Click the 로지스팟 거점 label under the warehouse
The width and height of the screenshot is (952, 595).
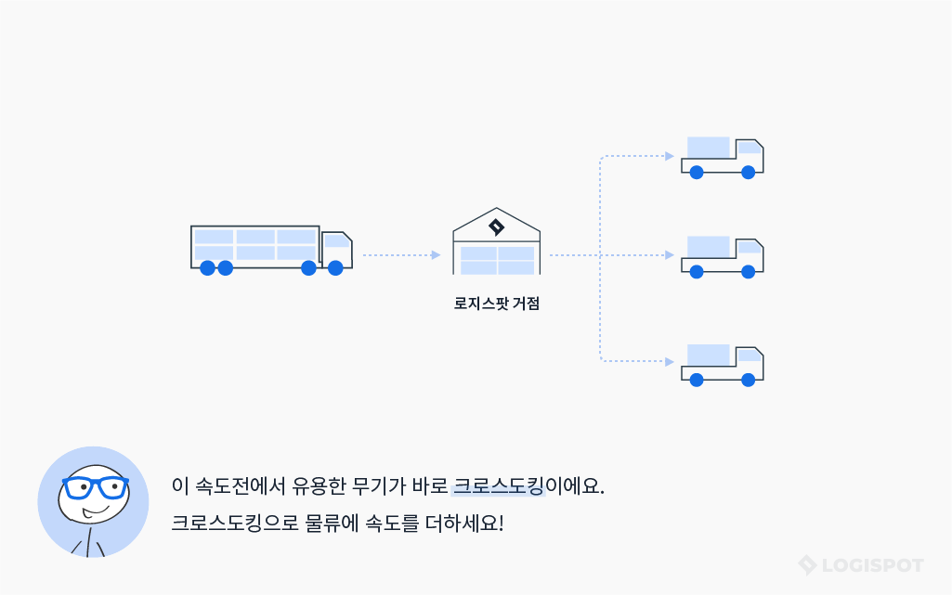point(496,303)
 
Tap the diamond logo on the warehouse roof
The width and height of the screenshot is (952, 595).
point(496,226)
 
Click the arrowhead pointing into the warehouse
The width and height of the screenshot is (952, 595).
point(436,254)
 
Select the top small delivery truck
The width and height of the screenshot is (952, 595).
point(722,157)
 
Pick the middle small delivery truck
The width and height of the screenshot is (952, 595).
point(722,255)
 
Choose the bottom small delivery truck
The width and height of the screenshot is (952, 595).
point(722,364)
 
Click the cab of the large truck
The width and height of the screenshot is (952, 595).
point(336,249)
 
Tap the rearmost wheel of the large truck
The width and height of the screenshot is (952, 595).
point(207,268)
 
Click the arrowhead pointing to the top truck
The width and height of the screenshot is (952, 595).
point(670,156)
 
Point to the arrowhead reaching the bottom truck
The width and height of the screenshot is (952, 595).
point(670,361)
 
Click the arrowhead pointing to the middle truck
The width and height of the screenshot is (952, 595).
point(670,254)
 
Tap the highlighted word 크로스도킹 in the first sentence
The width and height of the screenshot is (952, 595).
point(498,485)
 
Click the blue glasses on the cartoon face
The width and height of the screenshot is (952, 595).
point(95,487)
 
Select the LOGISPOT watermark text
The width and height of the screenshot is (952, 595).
point(870,565)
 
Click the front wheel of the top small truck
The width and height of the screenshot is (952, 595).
point(748,172)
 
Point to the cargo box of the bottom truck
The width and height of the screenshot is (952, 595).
point(708,355)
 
